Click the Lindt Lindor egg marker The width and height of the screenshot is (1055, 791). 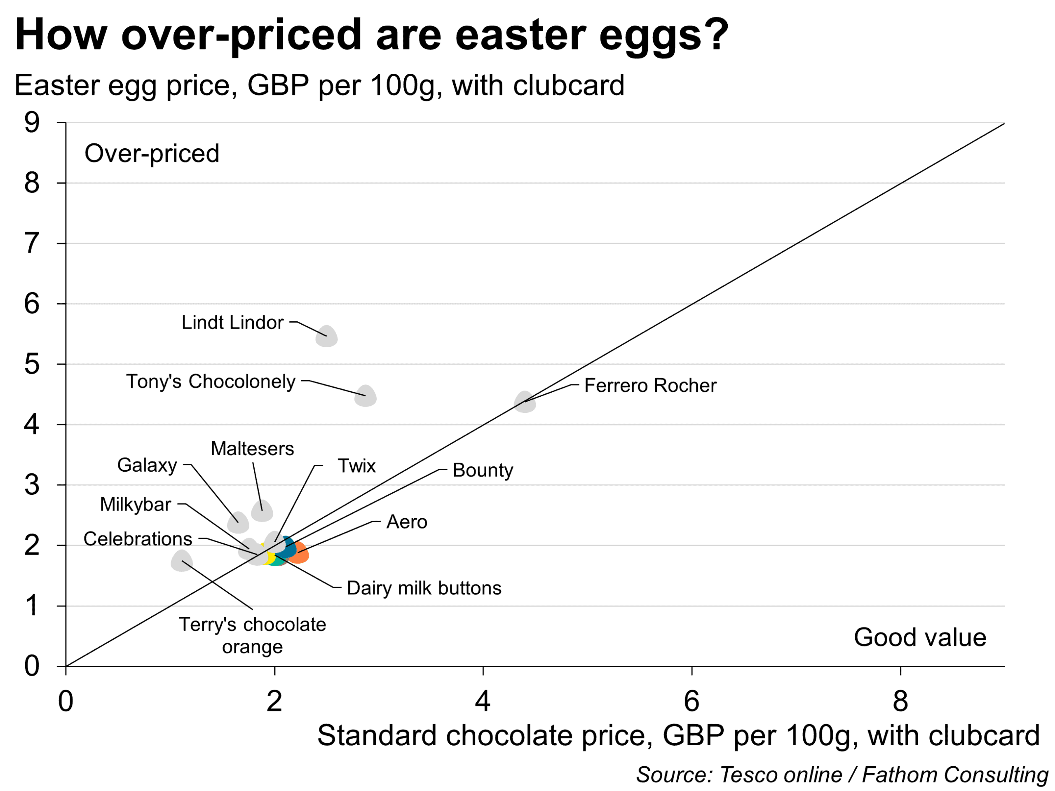pyautogui.click(x=327, y=337)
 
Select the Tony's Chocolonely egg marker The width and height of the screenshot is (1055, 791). pyautogui.click(x=366, y=396)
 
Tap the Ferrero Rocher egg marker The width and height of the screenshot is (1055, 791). pyautogui.click(x=525, y=402)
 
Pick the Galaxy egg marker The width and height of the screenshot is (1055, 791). pyautogui.click(x=238, y=522)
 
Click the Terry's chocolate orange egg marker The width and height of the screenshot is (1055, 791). pyautogui.click(x=182, y=561)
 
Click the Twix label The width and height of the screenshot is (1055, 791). pyautogui.click(x=357, y=466)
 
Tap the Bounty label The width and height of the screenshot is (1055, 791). pyautogui.click(x=483, y=470)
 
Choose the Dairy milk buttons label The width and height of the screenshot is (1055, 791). pyautogui.click(x=424, y=588)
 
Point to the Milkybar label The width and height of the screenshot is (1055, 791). pyautogui.click(x=136, y=504)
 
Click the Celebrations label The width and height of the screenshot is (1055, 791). pyautogui.click(x=138, y=539)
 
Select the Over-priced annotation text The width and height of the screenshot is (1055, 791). pyautogui.click(x=152, y=154)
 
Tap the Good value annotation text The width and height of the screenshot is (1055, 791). pyautogui.click(x=920, y=637)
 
